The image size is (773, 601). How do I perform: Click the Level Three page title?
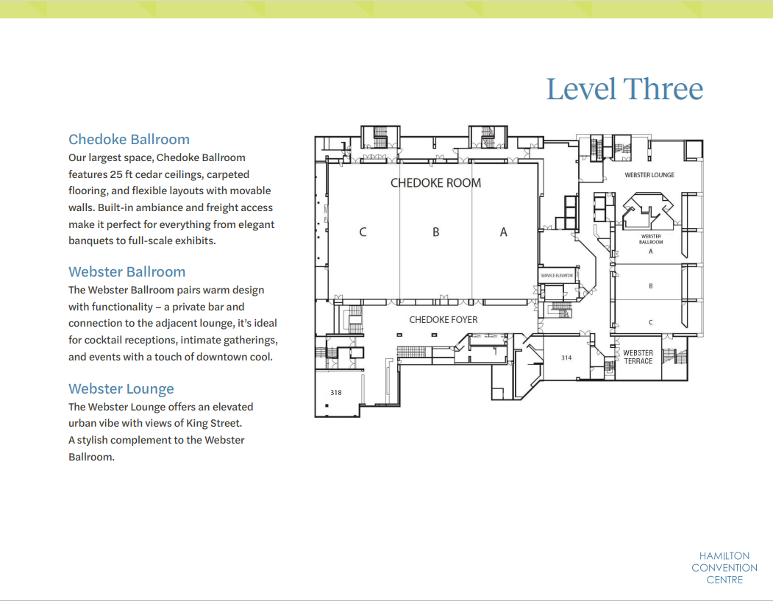pyautogui.click(x=624, y=89)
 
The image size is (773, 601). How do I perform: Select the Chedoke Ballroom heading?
pyautogui.click(x=129, y=140)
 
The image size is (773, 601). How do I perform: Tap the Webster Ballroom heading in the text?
pyautogui.click(x=127, y=271)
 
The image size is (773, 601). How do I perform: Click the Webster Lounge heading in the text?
pyautogui.click(x=121, y=389)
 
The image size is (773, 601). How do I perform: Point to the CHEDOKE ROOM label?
pyautogui.click(x=436, y=183)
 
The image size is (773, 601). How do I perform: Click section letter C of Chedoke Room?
pyautogui.click(x=363, y=232)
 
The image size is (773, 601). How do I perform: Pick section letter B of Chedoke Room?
pyautogui.click(x=436, y=232)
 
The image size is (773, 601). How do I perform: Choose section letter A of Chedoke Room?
pyautogui.click(x=503, y=232)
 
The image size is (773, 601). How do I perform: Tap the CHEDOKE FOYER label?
pyautogui.click(x=444, y=320)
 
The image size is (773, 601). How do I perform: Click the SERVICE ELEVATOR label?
pyautogui.click(x=557, y=276)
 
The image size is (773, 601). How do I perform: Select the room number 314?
pyautogui.click(x=566, y=358)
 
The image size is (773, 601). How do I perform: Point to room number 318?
pyautogui.click(x=335, y=392)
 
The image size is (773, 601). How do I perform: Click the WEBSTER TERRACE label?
pyautogui.click(x=638, y=357)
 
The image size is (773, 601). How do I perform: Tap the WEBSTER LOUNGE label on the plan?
pyautogui.click(x=649, y=175)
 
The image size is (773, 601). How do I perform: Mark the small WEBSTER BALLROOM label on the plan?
pyautogui.click(x=651, y=239)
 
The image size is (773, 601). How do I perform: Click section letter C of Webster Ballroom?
pyautogui.click(x=651, y=322)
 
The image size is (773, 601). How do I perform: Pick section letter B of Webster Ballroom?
pyautogui.click(x=651, y=286)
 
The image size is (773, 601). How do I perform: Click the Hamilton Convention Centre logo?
pyautogui.click(x=724, y=568)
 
